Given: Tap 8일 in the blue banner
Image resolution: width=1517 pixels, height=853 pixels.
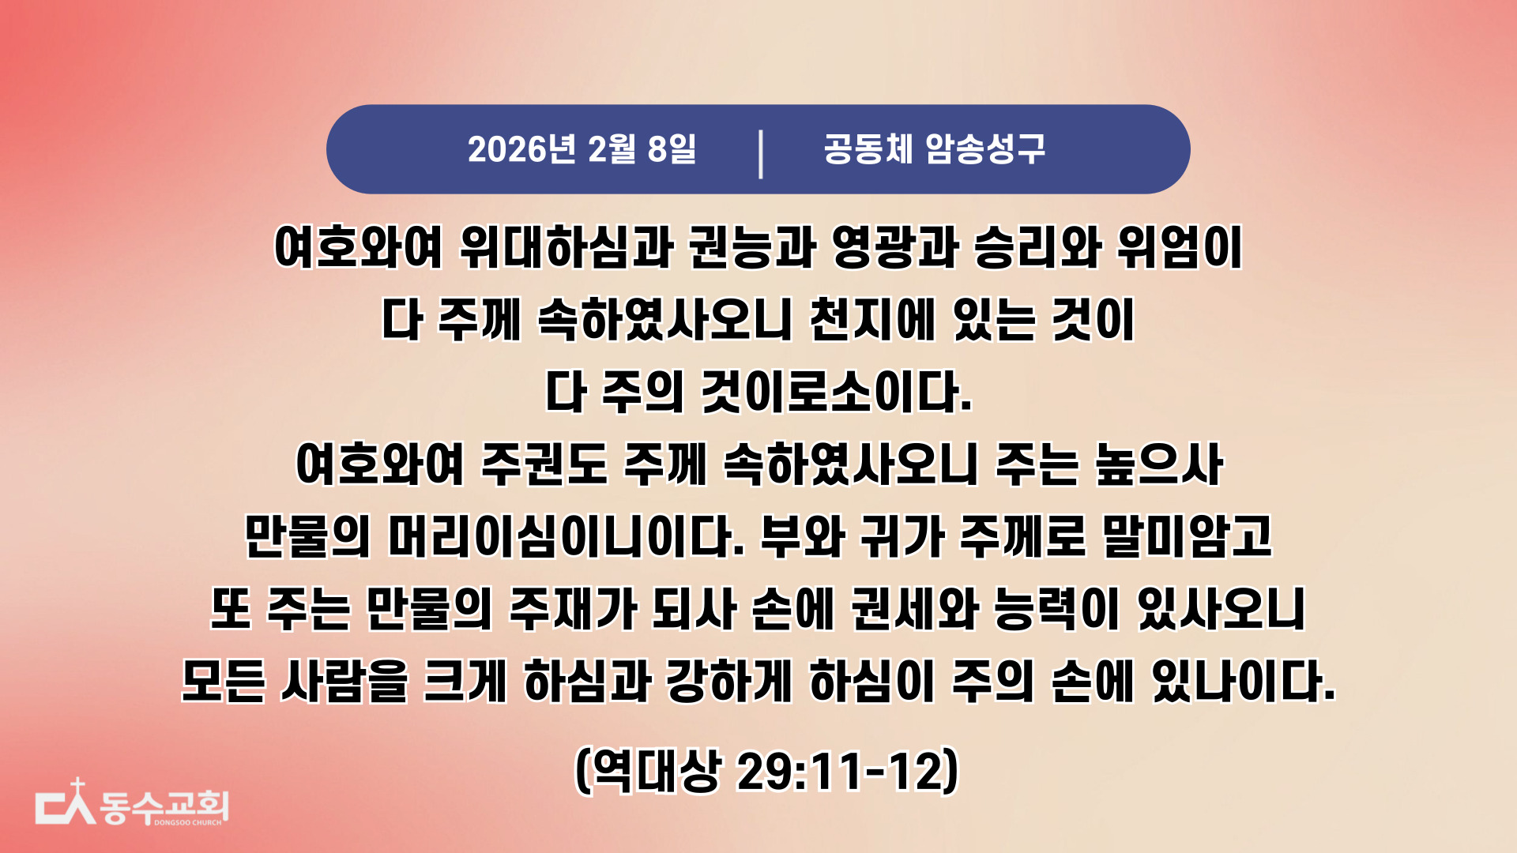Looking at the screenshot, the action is tap(672, 149).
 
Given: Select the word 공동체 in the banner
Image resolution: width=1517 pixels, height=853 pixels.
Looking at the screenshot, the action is tap(868, 148).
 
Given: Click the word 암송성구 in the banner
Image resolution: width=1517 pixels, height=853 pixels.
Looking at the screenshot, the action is tap(985, 148).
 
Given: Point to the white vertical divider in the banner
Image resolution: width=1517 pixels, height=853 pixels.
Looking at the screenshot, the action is tap(761, 155).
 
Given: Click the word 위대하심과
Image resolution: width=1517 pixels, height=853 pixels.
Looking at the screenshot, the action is tap(567, 247).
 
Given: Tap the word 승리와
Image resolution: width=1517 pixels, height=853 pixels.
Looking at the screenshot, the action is tap(1037, 247).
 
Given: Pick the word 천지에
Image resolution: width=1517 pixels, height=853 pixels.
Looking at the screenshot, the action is tap(870, 320).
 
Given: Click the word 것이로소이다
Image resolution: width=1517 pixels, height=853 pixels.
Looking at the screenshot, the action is tap(838, 393).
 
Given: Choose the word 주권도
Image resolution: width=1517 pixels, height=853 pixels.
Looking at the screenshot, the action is tap(544, 464).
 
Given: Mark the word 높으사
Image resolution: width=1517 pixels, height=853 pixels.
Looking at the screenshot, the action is tap(1159, 464).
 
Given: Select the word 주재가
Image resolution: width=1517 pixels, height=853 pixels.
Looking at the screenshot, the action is tap(573, 610).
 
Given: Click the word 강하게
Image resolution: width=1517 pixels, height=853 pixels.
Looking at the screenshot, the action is tap(729, 682).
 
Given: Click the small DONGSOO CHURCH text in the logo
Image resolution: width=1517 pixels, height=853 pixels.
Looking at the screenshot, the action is tap(188, 822).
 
